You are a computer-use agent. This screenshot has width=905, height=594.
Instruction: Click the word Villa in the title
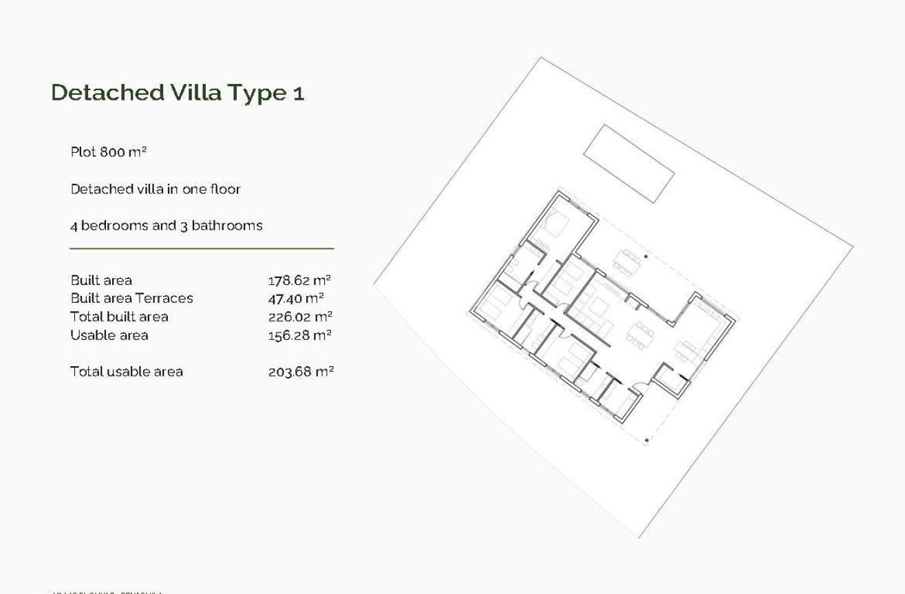click(199, 92)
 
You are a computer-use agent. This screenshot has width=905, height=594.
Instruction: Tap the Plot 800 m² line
click(109, 151)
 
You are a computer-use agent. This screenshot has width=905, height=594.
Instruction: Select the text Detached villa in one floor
click(156, 189)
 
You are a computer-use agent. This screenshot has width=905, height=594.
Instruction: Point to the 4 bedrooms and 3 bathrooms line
click(166, 225)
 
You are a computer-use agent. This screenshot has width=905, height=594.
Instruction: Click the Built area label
click(101, 280)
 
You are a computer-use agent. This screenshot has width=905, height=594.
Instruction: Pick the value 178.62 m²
click(299, 280)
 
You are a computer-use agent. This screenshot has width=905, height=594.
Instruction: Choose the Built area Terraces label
click(131, 298)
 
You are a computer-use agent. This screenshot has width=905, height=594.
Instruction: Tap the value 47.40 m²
click(296, 298)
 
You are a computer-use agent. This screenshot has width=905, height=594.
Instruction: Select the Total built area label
click(119, 317)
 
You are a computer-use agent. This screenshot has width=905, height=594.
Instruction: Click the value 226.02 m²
click(300, 317)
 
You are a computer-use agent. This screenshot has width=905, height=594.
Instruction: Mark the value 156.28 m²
click(299, 335)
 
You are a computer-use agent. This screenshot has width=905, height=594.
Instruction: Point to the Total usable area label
click(127, 372)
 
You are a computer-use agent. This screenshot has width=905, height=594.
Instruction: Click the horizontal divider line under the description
click(202, 248)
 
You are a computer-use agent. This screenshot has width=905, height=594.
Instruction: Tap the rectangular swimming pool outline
click(628, 163)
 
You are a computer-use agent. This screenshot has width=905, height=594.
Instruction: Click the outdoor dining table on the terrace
click(627, 262)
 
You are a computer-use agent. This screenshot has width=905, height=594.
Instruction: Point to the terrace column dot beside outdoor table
click(646, 257)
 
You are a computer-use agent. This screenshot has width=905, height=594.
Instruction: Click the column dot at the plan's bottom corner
click(646, 439)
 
